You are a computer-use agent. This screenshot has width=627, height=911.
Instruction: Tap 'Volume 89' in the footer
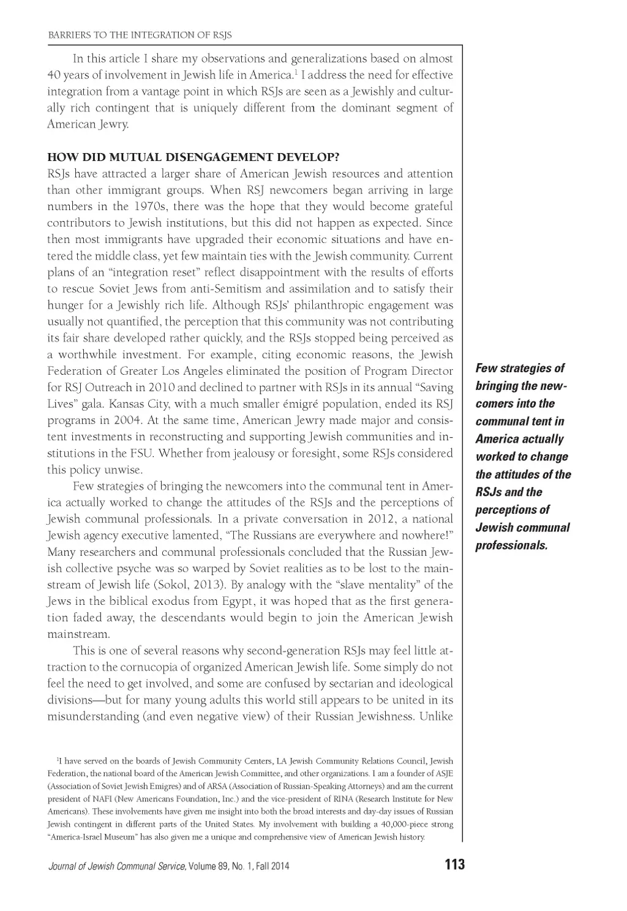pos(202,866)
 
